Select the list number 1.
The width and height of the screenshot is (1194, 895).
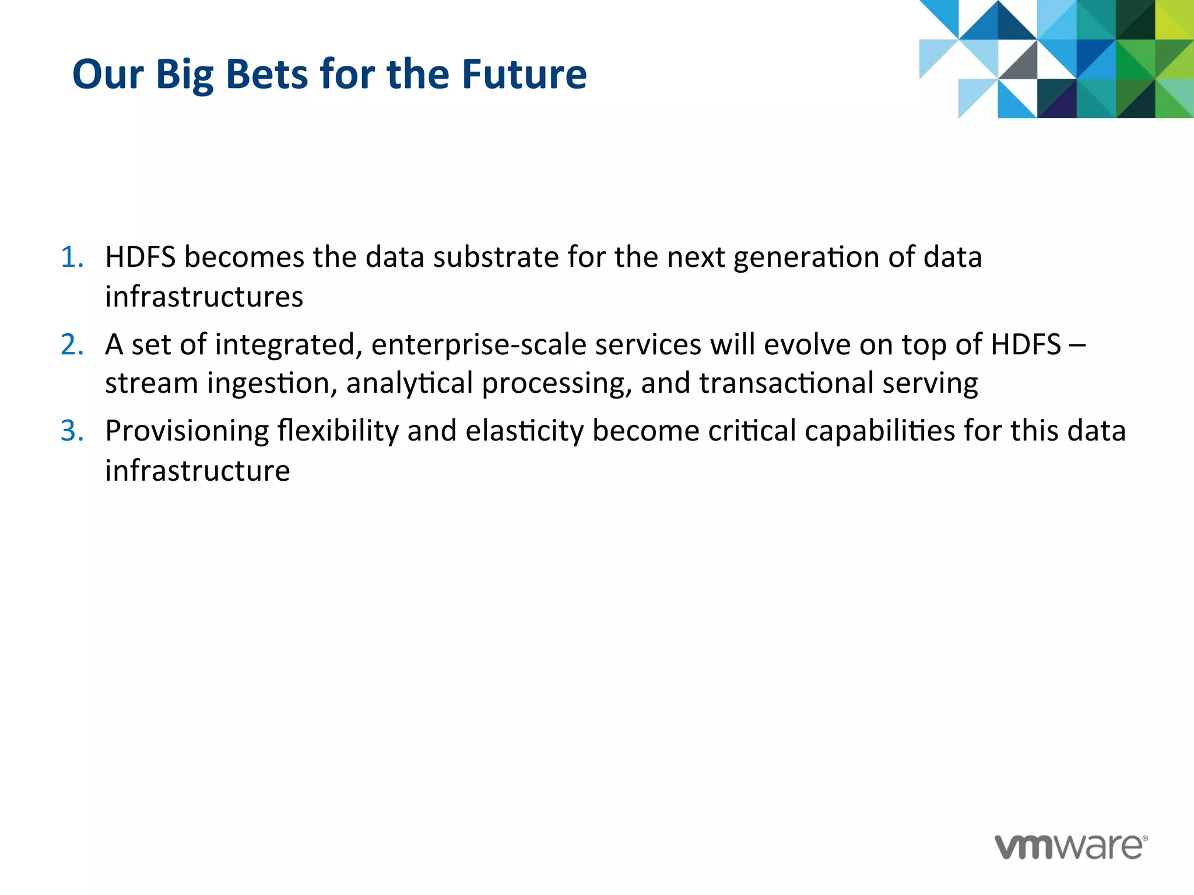71,257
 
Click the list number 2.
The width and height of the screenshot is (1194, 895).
71,344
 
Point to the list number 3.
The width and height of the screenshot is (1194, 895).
71,431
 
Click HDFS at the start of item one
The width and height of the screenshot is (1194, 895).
140,257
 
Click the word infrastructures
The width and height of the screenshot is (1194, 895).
204,297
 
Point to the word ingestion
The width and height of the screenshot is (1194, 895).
269,384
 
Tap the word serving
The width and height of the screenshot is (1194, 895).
929,384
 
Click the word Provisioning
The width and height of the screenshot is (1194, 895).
187,432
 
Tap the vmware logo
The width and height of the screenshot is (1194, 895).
1070,847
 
